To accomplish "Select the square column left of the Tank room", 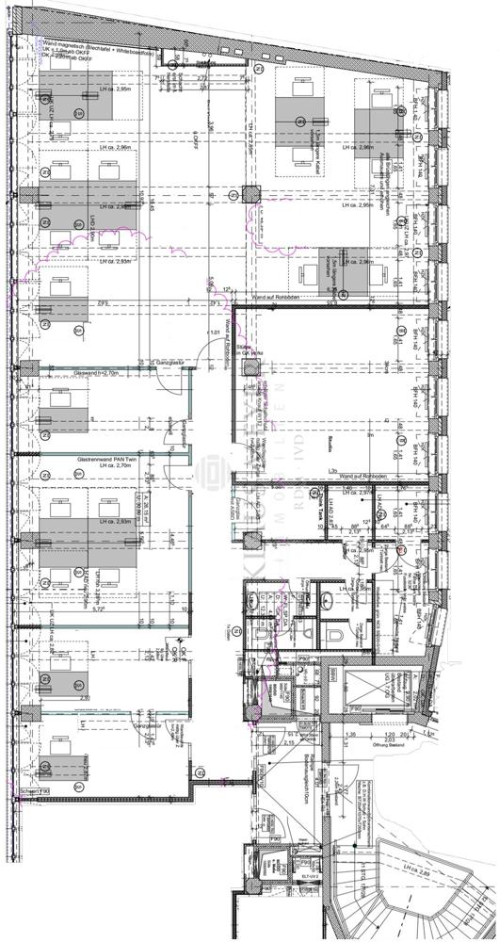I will [x=249, y=543].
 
